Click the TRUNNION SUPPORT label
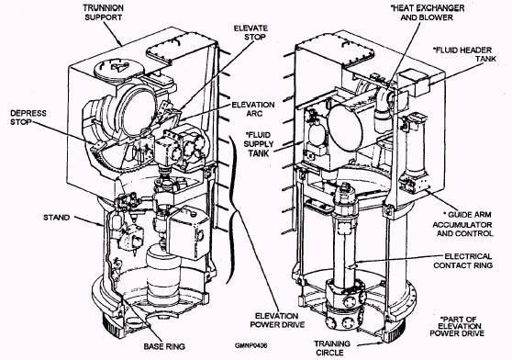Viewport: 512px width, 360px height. click(103, 13)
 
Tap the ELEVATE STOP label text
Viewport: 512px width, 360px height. click(250, 33)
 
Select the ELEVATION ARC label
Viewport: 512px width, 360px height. click(253, 109)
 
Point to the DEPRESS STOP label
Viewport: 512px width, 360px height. click(28, 118)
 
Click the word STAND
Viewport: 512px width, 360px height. click(57, 218)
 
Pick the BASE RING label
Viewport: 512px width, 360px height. click(164, 346)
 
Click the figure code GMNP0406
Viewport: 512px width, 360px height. click(250, 345)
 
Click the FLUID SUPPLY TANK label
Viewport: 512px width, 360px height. click(259, 144)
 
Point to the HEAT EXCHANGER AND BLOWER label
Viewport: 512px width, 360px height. click(428, 13)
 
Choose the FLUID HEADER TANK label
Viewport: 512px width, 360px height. click(465, 54)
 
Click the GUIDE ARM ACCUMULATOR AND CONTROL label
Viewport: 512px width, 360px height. click(462, 224)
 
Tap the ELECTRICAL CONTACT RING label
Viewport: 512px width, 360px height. click(462, 261)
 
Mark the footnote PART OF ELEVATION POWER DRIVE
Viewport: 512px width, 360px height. click(457, 326)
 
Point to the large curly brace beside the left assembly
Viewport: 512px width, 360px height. click(232, 209)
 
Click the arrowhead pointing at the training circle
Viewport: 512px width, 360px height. click(380, 343)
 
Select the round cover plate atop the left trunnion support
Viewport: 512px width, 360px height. click(119, 68)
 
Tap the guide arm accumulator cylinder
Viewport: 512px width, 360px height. click(416, 151)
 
